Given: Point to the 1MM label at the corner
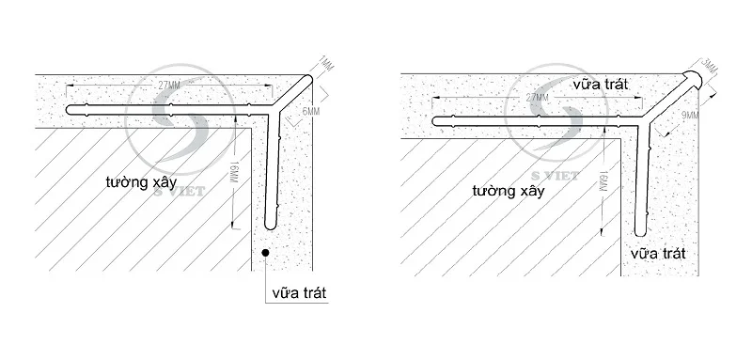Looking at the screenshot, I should pyautogui.click(x=325, y=65).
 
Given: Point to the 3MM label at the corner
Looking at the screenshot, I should pyautogui.click(x=711, y=68).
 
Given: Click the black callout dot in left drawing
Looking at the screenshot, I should pyautogui.click(x=269, y=252).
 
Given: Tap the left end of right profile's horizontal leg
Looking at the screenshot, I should pyautogui.click(x=435, y=121).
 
